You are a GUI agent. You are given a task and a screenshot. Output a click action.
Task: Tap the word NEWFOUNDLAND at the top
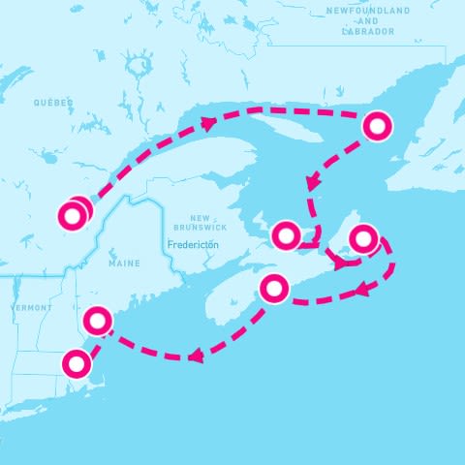pyautogui.click(x=367, y=11)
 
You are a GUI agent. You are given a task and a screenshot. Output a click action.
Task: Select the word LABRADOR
pyautogui.click(x=367, y=31)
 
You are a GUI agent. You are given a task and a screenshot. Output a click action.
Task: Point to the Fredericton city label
pyautogui.click(x=193, y=245)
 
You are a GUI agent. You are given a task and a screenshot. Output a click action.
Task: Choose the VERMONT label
pyautogui.click(x=32, y=307)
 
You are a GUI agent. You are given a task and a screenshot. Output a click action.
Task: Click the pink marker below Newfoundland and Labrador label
pyautogui.click(x=378, y=125)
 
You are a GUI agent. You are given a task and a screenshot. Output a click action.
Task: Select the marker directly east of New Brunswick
pyautogui.click(x=286, y=234)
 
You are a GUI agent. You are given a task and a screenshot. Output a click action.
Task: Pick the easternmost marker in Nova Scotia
pyautogui.click(x=362, y=237)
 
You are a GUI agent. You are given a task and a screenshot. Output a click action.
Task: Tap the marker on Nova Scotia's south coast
pyautogui.click(x=275, y=288)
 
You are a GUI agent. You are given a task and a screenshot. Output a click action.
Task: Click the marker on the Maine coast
pyautogui.click(x=98, y=319)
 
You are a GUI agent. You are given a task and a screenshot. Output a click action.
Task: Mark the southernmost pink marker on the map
pyautogui.click(x=76, y=363)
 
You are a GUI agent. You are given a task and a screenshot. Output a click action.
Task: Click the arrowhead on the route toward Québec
pyautogui.click(x=206, y=121)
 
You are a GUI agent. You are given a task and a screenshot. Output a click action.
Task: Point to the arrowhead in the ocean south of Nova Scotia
pyautogui.click(x=195, y=356)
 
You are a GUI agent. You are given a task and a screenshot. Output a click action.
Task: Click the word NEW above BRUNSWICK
pyautogui.click(x=201, y=217)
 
